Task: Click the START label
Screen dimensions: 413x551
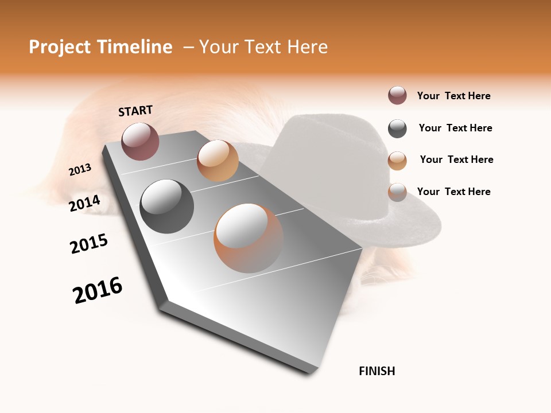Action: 135,111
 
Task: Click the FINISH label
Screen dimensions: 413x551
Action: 377,371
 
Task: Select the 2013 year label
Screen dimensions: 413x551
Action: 80,170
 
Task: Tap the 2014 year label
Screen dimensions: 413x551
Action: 85,203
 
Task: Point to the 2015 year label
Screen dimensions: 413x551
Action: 89,244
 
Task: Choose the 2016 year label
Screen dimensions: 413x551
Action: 98,290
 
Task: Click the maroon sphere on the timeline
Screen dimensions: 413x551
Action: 140,141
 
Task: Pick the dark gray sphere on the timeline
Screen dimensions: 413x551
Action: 166,206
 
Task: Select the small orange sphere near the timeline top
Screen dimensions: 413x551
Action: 218,161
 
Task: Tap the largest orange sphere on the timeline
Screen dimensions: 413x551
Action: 249,238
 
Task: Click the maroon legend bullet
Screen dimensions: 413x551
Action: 397,96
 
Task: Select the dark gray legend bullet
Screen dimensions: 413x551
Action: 397,128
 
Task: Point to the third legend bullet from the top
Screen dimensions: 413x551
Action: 397,161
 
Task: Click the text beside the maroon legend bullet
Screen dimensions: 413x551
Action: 453,96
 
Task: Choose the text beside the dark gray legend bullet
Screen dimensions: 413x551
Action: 455,128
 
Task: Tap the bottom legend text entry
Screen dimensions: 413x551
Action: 453,192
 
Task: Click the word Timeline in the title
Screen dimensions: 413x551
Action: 135,47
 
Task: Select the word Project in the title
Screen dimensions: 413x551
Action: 59,47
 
